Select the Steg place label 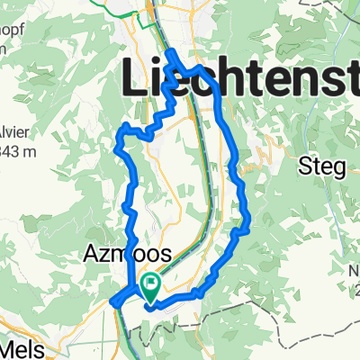point(319,167)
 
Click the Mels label point(22,349)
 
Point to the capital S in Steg point(303,167)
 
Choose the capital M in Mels point(9,349)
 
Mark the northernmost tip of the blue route point(169,64)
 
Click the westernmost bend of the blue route point(112,302)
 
